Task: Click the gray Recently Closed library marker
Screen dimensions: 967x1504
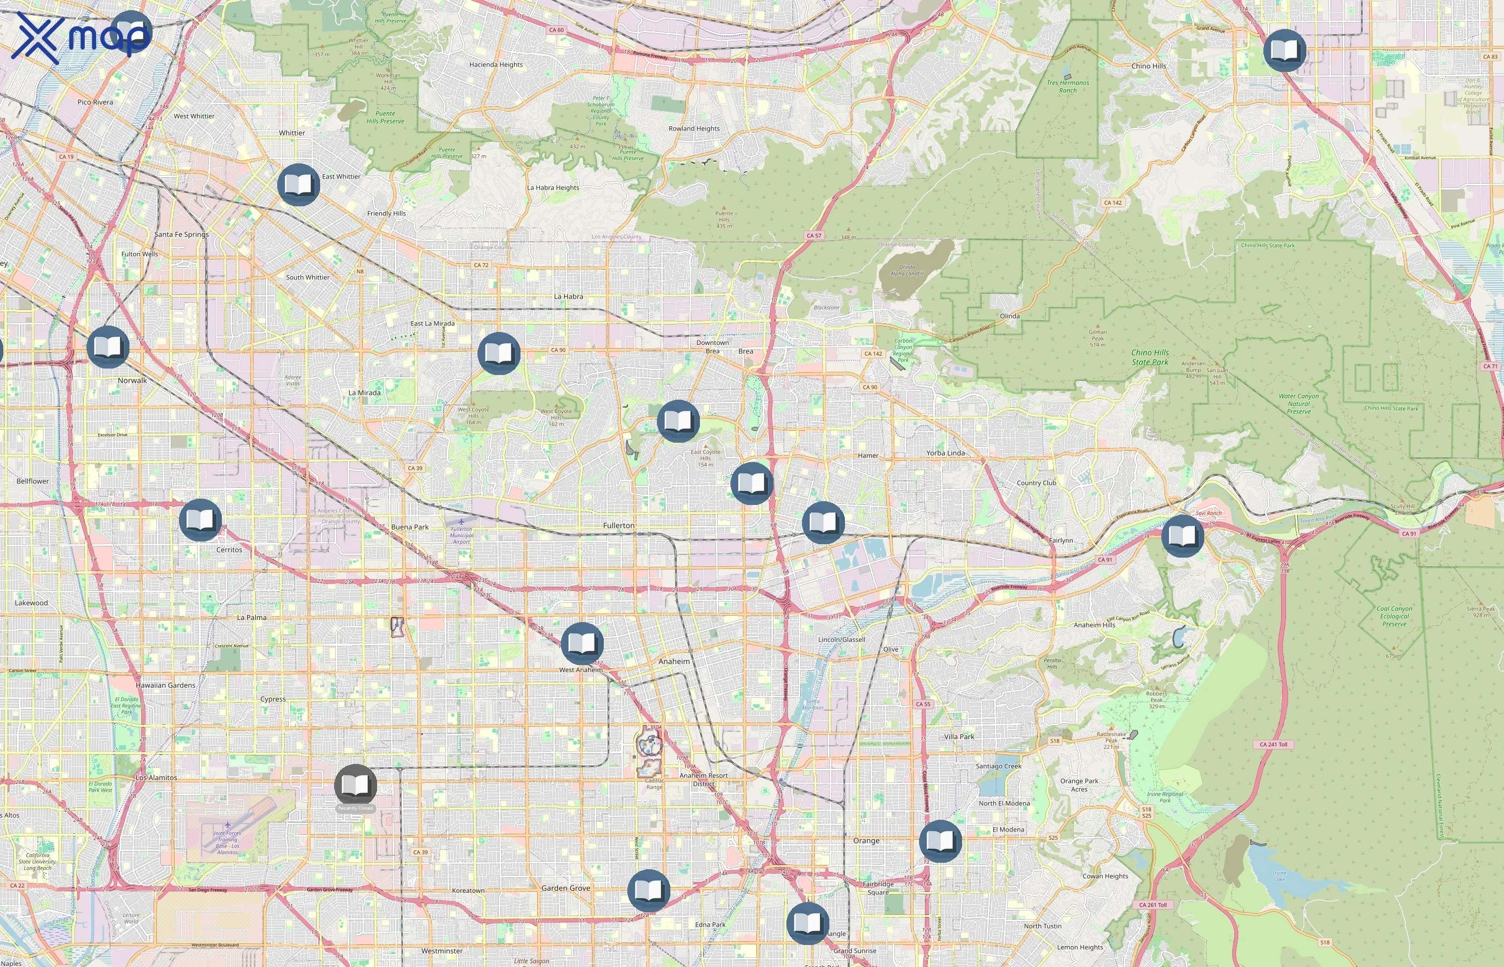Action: [355, 785]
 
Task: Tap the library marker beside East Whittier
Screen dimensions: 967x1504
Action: [299, 185]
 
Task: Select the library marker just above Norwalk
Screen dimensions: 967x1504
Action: [108, 347]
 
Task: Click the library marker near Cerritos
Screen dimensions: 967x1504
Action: [200, 520]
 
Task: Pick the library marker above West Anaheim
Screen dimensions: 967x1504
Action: [582, 644]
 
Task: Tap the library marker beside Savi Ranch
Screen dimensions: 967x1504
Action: [1182, 536]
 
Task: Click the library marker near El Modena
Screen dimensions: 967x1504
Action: [939, 841]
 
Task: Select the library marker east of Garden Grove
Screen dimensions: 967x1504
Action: [648, 890]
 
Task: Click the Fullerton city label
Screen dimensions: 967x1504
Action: [618, 525]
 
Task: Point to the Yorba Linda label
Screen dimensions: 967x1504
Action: [945, 453]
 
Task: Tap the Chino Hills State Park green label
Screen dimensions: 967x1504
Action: [1150, 357]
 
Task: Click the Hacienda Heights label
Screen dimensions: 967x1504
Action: [496, 64]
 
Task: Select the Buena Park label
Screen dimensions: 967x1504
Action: [409, 527]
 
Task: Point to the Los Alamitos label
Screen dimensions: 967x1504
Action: [156, 777]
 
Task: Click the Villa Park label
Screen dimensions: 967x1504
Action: [959, 737]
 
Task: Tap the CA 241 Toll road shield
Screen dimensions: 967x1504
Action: [1273, 744]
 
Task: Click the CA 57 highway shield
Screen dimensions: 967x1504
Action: [814, 235]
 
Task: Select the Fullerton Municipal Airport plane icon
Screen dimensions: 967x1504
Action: [461, 521]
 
